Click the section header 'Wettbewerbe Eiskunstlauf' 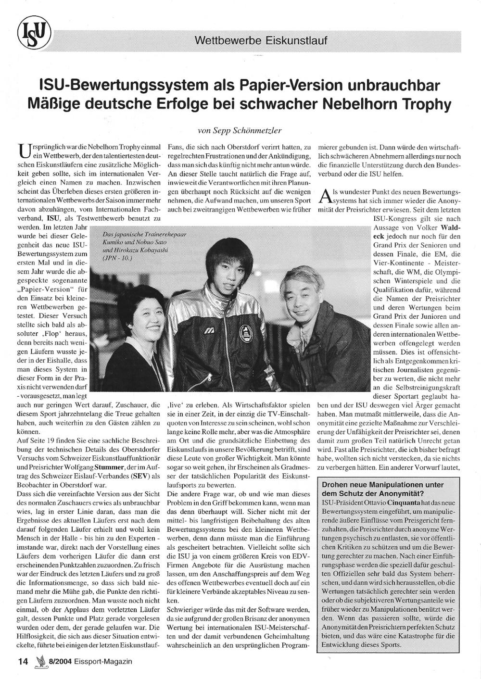[x=261, y=40]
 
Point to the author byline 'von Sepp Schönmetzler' [x=240, y=130]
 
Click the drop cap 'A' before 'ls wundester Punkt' [x=325, y=195]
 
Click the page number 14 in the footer [x=22, y=661]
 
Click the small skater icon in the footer [x=39, y=661]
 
